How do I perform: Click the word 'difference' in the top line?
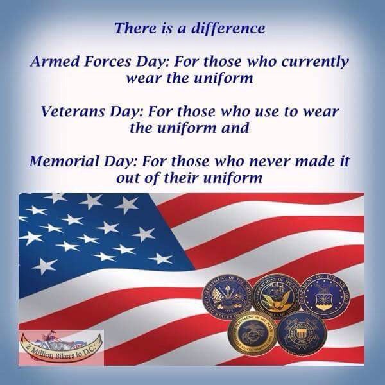tap(230, 29)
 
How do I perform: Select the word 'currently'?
tap(312, 63)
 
